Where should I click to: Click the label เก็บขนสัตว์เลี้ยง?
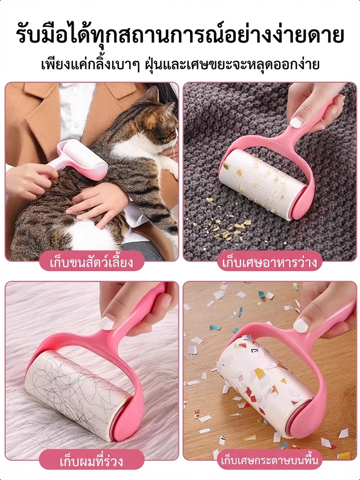(92, 263)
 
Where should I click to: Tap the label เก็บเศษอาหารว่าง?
(270, 263)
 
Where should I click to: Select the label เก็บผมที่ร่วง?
(92, 461)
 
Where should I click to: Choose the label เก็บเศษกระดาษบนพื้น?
(270, 460)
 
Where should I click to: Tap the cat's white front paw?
(169, 166)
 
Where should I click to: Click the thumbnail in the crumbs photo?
(296, 122)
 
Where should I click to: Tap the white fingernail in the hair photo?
(107, 323)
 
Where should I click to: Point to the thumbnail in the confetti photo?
(301, 325)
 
